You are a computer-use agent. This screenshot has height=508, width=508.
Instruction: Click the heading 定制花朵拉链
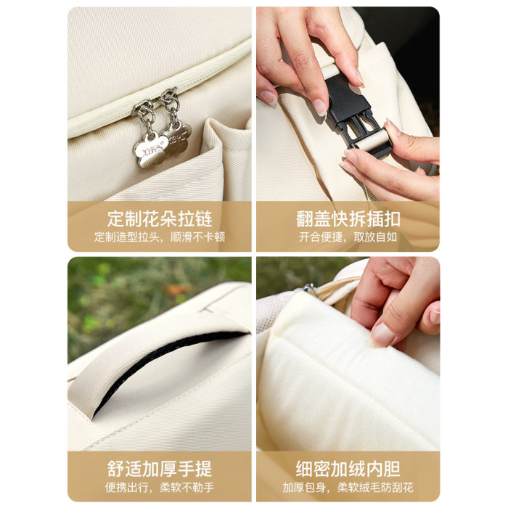tap(160, 218)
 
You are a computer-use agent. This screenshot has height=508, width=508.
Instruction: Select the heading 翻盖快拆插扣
tap(348, 218)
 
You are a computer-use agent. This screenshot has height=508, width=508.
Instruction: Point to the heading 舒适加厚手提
tap(160, 469)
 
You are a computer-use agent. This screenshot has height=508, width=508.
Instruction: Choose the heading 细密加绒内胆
tap(348, 469)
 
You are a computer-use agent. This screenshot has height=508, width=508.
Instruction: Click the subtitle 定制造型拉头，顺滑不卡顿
tap(160, 237)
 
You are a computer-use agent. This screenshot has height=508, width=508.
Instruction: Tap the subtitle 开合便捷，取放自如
tap(348, 237)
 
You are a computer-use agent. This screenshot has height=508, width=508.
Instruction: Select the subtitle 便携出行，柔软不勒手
tap(160, 487)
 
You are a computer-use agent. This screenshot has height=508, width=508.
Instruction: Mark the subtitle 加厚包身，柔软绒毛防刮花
tap(348, 487)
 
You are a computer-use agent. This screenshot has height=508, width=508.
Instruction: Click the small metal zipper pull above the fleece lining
tap(309, 287)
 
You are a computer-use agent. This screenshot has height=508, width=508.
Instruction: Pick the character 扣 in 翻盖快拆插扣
tap(392, 218)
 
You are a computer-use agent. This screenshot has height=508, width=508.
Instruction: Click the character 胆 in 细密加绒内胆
tap(392, 469)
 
